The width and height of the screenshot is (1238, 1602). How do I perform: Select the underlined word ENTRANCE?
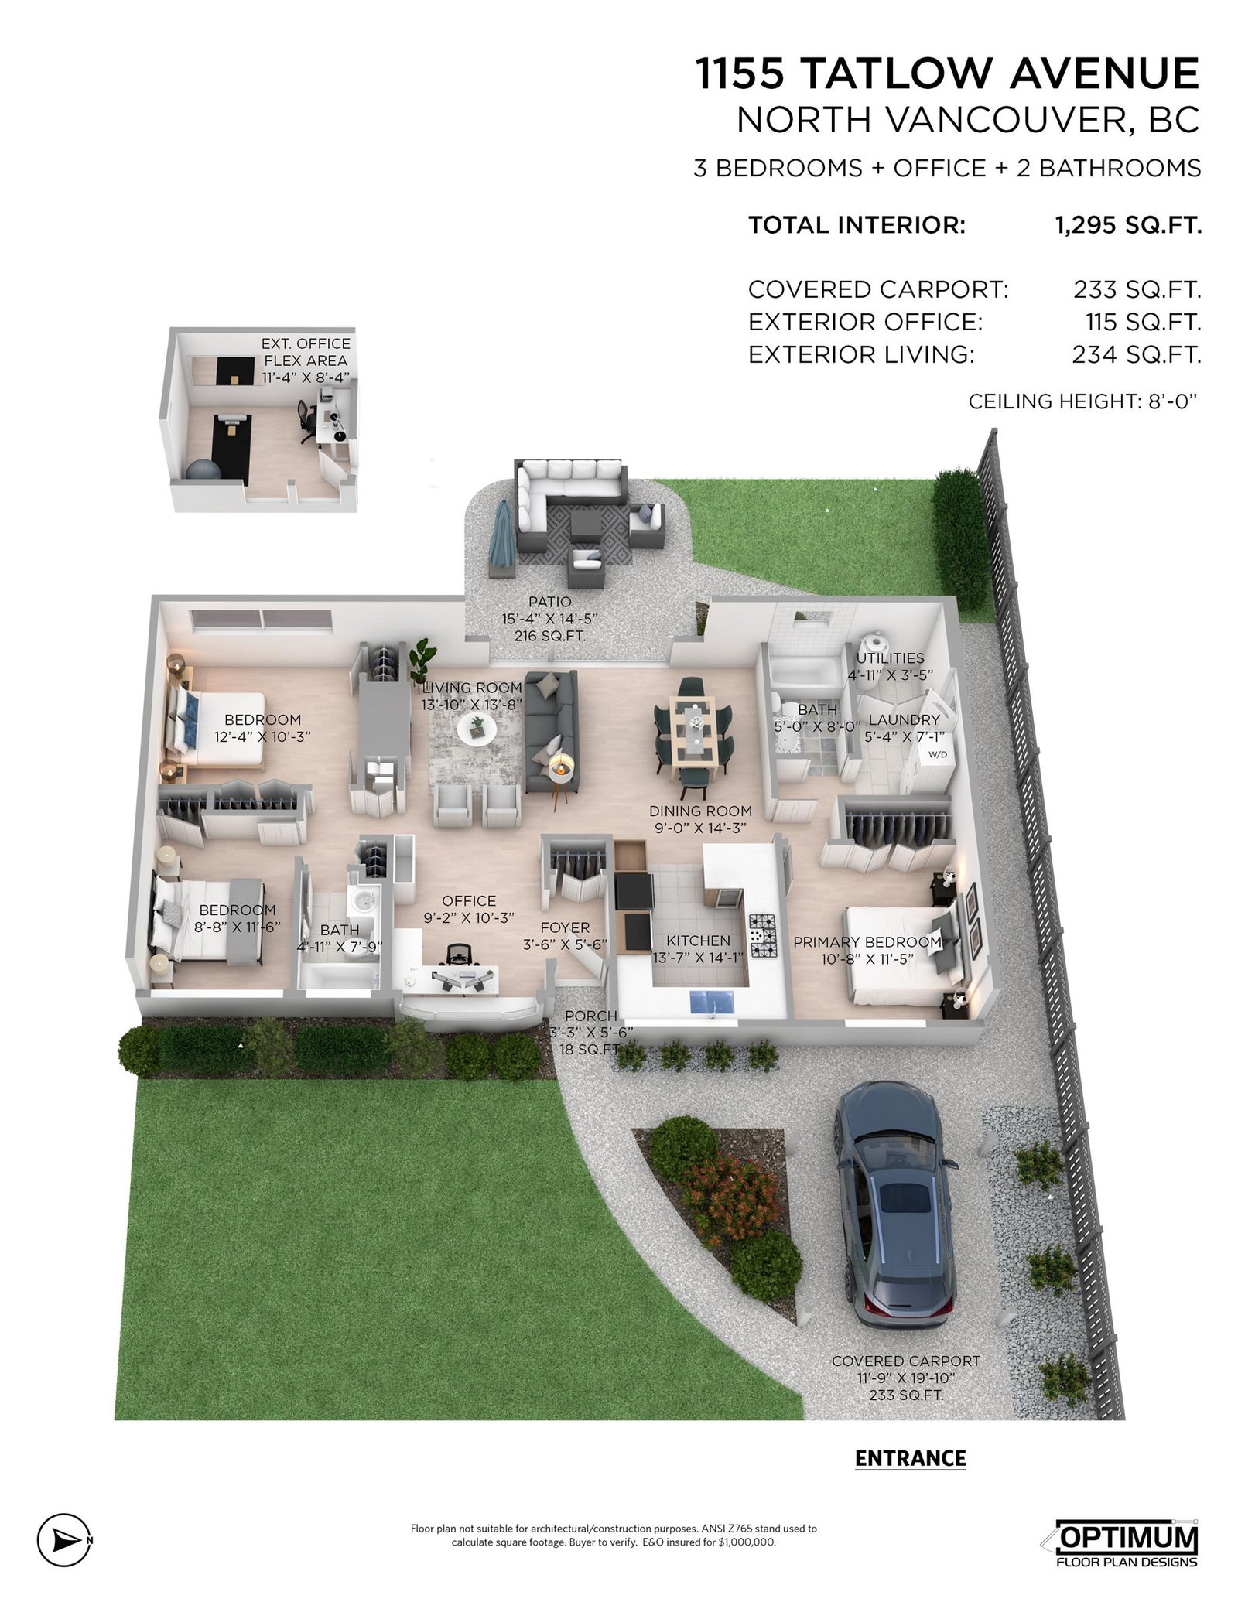click(911, 1458)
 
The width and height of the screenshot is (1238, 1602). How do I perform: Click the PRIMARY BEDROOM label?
click(867, 942)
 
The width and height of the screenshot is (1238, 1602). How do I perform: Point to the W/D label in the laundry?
click(937, 753)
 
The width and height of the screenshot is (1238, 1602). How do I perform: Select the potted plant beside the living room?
click(422, 661)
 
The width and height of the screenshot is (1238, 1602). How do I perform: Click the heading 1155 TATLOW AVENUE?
click(948, 73)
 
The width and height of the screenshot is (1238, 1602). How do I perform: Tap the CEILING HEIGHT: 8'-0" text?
click(1083, 401)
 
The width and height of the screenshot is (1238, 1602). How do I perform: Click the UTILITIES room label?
click(890, 658)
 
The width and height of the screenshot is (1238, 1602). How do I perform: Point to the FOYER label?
click(565, 927)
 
